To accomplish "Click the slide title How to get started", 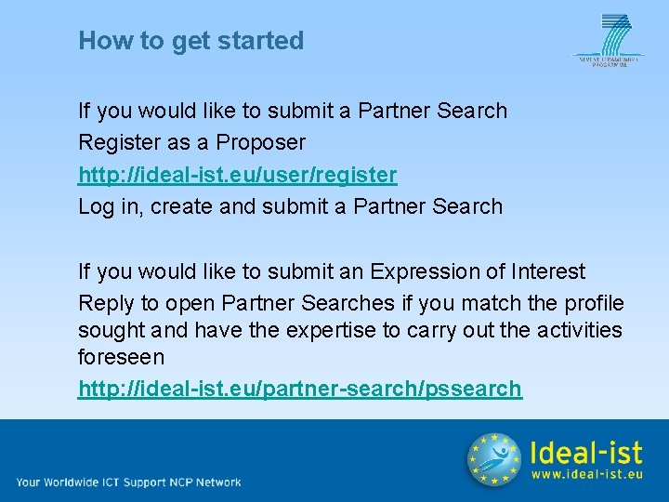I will point(190,41).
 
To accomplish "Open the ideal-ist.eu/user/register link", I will point(237,175).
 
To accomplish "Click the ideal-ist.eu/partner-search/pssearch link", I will point(299,389).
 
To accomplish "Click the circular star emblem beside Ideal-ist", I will point(493,459).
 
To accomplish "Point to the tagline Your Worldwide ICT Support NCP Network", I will point(128,482).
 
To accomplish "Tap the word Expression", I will point(423,271).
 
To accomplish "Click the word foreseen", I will point(121,358).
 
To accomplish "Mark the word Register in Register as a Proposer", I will point(115,142).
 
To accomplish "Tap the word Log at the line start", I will point(96,206).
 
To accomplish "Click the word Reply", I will point(105,303).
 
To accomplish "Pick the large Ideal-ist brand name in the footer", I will point(585,452).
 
